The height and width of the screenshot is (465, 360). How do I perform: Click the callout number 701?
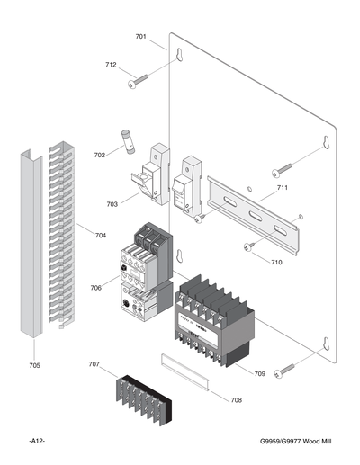coord(140,37)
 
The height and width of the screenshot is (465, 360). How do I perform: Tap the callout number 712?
coord(111,65)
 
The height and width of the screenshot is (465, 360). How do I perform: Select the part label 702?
coord(99,156)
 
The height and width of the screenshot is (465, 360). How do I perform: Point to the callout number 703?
coord(112,204)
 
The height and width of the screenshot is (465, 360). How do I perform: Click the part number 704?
coord(100,235)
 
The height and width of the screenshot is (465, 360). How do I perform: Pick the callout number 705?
coord(34,365)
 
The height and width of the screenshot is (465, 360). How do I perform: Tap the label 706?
coord(96,288)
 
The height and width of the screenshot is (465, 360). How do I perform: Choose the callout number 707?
coord(94,364)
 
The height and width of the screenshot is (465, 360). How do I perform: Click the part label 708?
coord(237,399)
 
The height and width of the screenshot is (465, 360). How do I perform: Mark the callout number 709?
coord(259,373)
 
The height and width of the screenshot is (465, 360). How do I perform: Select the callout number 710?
coord(276,262)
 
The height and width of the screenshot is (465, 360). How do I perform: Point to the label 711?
coord(282,188)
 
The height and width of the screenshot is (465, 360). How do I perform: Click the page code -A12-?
coord(37,440)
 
